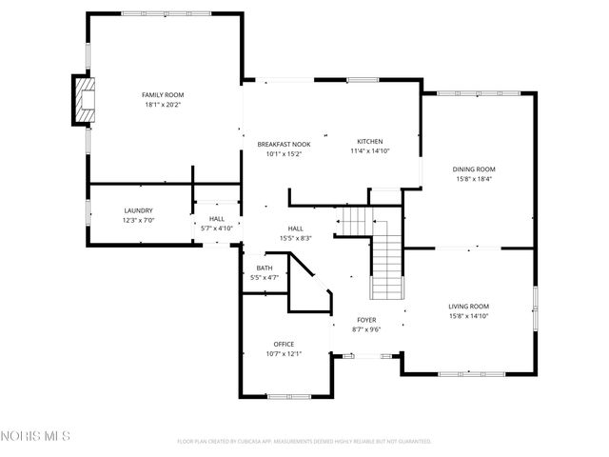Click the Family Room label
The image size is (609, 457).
(x=163, y=95)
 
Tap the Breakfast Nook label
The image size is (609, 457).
(x=284, y=144)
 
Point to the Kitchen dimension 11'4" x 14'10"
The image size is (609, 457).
(x=370, y=150)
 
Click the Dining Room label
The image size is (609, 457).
(x=473, y=169)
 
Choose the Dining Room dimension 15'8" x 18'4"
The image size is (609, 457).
(x=473, y=179)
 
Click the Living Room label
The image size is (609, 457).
(x=469, y=306)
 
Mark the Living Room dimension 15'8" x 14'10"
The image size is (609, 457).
(x=469, y=316)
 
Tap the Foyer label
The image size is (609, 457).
(x=366, y=320)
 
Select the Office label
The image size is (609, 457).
(x=284, y=344)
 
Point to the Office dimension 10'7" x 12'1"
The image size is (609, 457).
(x=284, y=354)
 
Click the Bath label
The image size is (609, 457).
(x=264, y=268)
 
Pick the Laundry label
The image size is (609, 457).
(x=138, y=210)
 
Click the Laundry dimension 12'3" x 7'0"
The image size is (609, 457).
(x=138, y=221)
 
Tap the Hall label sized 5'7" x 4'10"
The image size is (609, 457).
(x=217, y=219)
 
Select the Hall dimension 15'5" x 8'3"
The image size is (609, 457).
(x=296, y=238)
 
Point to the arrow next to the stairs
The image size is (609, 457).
(x=338, y=226)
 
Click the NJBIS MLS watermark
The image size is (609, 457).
(x=35, y=437)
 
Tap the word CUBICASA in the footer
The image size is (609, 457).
(x=247, y=442)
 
